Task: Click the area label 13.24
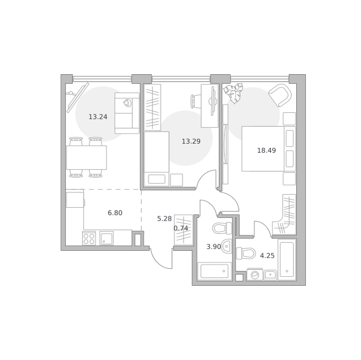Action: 98,117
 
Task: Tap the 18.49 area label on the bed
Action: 267,151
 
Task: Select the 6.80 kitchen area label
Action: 115,213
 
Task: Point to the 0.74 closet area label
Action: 180,229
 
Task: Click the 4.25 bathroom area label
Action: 267,256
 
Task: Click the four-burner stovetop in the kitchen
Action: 89,239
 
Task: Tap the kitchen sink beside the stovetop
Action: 106,239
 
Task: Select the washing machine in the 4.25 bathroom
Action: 255,274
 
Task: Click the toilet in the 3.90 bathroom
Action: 222,229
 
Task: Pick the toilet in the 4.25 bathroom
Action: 246,253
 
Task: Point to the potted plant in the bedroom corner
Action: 234,93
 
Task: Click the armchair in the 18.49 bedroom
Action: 280,95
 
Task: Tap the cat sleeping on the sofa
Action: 127,103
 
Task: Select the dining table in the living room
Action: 87,157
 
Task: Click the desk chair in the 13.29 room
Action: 196,101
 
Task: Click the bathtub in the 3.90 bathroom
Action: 214,271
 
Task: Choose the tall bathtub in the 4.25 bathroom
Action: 287,260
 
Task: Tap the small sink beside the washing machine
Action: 270,275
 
